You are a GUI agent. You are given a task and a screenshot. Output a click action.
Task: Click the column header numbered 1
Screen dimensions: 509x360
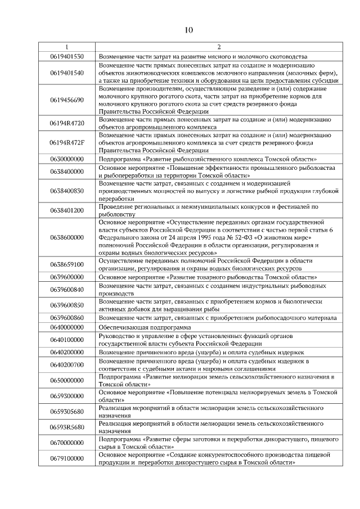[66, 47]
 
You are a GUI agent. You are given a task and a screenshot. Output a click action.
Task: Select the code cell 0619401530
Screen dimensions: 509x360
[66, 56]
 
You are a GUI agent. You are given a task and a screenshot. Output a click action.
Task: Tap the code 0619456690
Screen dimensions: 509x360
[66, 100]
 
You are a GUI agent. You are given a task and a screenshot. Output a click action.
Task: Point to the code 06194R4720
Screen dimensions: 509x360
[66, 123]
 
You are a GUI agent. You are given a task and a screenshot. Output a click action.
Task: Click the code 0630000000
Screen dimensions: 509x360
[66, 159]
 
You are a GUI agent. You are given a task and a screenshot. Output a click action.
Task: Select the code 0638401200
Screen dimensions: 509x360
[66, 210]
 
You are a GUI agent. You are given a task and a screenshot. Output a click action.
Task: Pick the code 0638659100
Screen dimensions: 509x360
[66, 264]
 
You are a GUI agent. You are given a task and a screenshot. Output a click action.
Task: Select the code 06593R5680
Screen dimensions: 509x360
[66, 427]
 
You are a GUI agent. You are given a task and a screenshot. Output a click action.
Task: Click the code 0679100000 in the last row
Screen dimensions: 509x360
[66, 458]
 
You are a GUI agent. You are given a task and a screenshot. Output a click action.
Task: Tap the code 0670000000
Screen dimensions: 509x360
[66, 443]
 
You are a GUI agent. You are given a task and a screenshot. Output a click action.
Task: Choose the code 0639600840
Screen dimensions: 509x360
[66, 289]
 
